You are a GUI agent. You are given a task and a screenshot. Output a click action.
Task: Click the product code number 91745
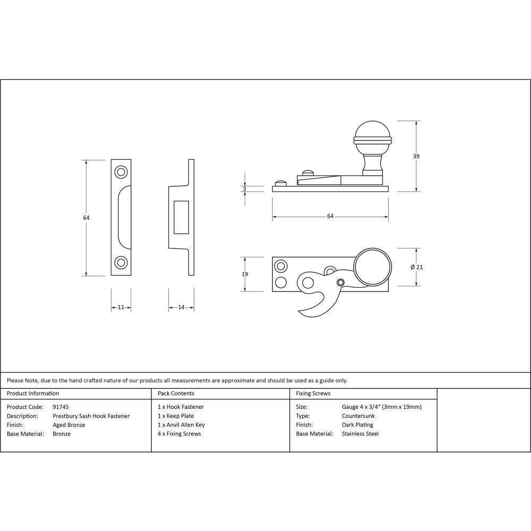[x=61, y=407]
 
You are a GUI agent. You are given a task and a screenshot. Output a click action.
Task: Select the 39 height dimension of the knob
[x=416, y=156]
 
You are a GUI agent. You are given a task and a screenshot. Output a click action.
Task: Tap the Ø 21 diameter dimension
[x=417, y=267]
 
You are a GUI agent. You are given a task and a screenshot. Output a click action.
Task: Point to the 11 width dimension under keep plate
[x=121, y=307]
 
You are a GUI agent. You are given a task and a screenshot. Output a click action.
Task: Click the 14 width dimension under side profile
[x=181, y=307]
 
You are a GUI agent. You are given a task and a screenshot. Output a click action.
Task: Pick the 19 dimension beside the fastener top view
[x=245, y=274]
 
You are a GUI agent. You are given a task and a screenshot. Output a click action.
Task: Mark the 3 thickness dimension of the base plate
[x=245, y=189]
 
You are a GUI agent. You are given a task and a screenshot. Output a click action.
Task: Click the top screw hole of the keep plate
[x=121, y=172]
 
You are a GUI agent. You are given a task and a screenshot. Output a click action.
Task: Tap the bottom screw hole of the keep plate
[x=121, y=262]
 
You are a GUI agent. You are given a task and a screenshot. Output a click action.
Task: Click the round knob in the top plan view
[x=373, y=267]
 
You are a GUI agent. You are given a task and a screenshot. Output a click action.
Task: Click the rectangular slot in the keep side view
[x=181, y=218]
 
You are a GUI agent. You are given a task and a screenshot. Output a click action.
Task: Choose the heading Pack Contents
[x=176, y=393]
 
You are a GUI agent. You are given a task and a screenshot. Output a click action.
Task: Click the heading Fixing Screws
[x=313, y=393]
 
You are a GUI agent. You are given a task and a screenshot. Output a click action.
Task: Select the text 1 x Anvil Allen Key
[x=181, y=425]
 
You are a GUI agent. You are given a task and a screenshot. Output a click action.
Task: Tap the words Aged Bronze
[x=69, y=425]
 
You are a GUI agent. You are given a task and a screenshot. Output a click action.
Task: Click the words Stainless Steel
[x=361, y=434]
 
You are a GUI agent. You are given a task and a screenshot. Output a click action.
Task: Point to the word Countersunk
[x=358, y=416]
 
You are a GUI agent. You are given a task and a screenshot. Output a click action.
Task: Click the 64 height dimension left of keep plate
[x=87, y=218]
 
